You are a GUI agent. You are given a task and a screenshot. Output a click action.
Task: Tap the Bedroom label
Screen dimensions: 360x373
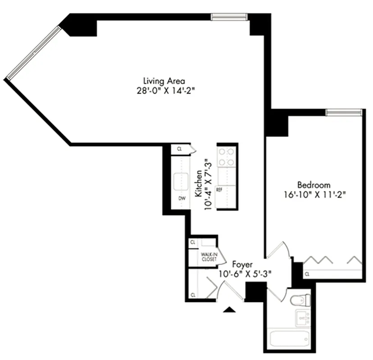(x=314, y=185)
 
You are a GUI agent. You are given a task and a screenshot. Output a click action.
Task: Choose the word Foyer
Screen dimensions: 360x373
(x=242, y=265)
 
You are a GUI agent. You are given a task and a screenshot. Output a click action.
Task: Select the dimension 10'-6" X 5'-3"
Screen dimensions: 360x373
(x=245, y=274)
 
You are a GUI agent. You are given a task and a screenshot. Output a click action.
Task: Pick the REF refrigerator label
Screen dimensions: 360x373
(x=219, y=190)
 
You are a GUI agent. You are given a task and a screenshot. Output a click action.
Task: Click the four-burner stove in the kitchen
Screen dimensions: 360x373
(x=226, y=157)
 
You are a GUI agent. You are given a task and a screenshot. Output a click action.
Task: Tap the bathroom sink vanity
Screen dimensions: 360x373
(x=303, y=318)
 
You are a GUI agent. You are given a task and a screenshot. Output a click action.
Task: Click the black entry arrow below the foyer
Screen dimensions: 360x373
(x=230, y=310)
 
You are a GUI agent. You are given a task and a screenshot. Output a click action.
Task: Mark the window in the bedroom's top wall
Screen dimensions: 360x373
(x=344, y=112)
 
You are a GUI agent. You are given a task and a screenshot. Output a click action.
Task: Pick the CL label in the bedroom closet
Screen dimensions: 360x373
(x=307, y=274)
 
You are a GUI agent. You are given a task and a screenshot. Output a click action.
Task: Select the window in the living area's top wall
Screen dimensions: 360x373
(x=230, y=17)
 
